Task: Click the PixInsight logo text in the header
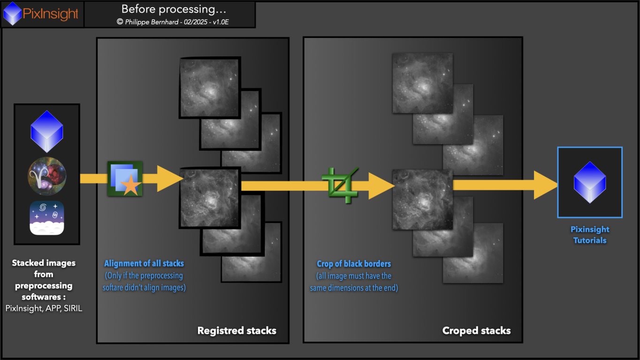point(50,14)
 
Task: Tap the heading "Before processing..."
point(174,9)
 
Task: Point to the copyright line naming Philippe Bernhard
point(173,22)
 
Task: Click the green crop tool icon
point(340,185)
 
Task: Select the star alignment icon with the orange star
point(125,179)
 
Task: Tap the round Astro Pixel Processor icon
point(47,176)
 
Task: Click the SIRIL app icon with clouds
point(47,218)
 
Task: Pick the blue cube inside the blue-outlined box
point(590,182)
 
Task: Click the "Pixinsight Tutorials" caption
point(590,235)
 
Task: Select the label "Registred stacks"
point(237,330)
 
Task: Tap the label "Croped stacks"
point(476,330)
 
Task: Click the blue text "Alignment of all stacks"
point(144,263)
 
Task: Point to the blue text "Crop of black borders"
point(354,264)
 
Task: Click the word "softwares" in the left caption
point(41,297)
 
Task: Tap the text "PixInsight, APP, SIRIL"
point(44,308)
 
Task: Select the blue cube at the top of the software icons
point(47,131)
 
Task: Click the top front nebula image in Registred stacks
point(210,87)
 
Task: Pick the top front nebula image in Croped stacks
point(423,83)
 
